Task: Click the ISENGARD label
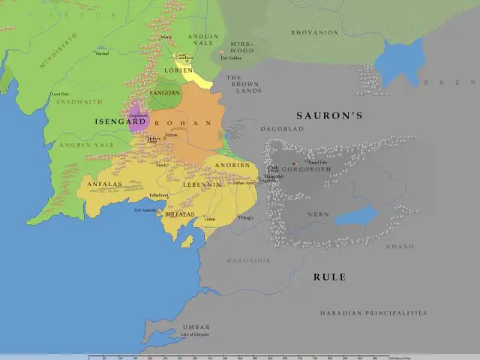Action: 120,121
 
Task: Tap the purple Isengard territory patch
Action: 137,119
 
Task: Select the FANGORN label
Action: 166,93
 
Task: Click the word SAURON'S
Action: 329,115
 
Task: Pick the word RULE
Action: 329,277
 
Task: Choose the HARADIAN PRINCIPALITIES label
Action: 373,313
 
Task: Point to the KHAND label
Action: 399,246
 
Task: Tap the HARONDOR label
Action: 248,260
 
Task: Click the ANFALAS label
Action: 104,183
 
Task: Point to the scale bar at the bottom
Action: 238,356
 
